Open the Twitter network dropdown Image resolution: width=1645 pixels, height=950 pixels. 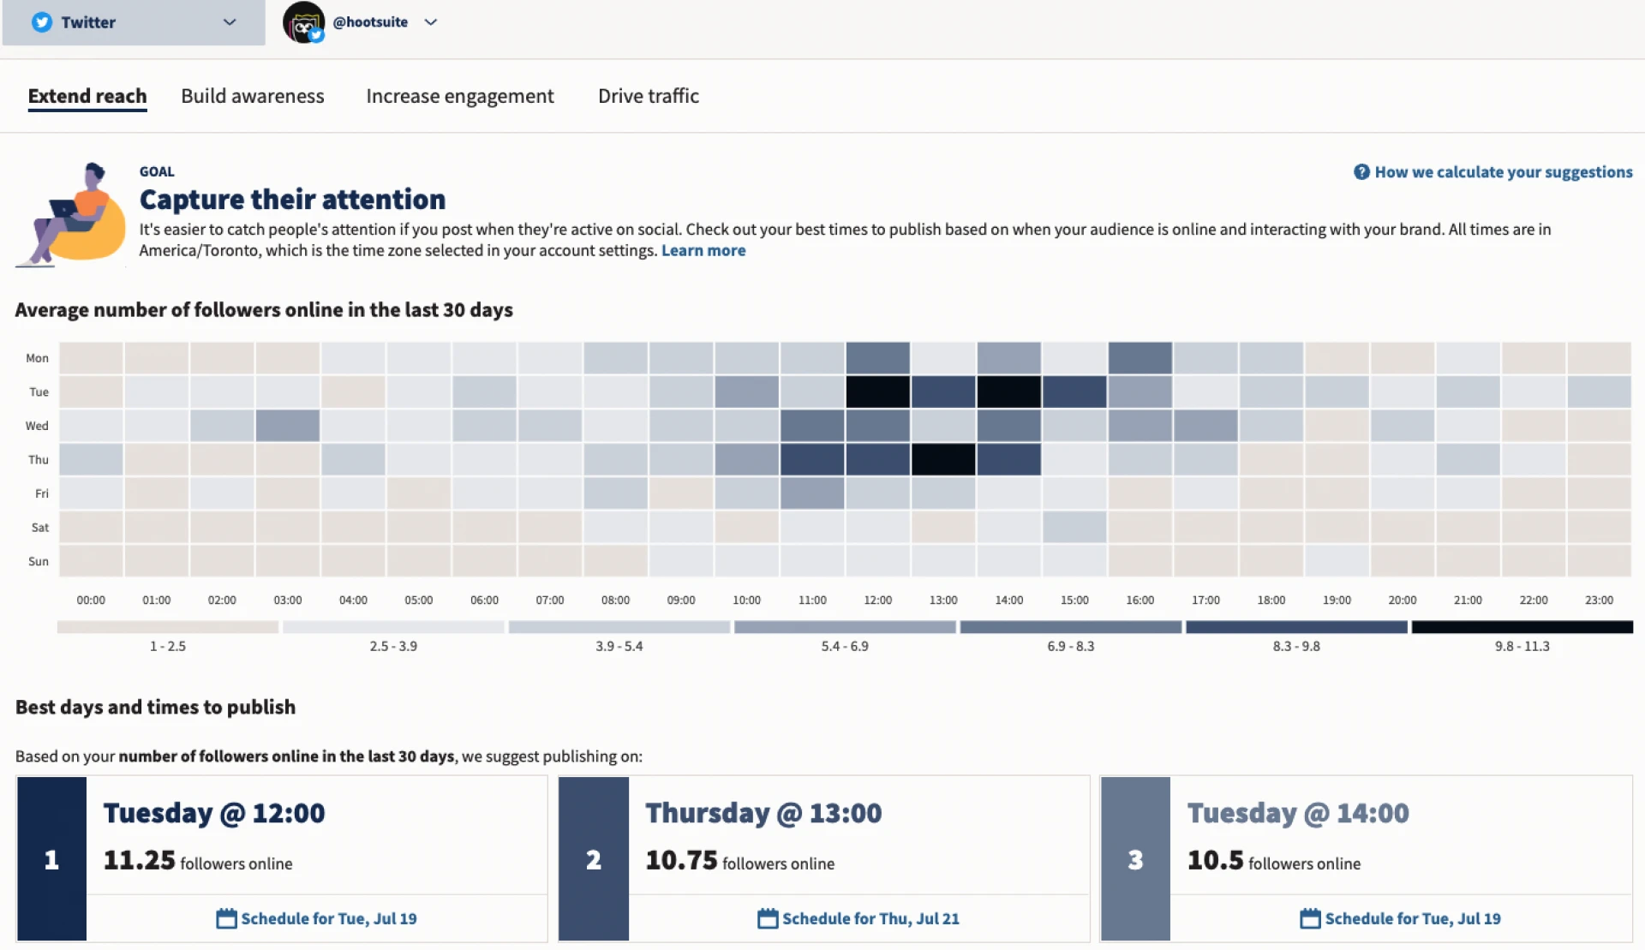[134, 22]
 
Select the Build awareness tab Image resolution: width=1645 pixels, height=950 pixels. [253, 96]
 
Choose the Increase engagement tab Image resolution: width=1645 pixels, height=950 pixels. [460, 96]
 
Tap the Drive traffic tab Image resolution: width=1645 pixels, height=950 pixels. [649, 96]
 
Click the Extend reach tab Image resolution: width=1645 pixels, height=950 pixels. [87, 96]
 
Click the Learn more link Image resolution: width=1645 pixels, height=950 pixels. [703, 251]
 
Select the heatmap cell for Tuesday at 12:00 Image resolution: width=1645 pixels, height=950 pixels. [877, 391]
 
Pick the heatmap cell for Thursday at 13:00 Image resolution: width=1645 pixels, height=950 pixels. [943, 459]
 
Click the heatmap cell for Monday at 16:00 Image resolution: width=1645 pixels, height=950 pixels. [1140, 358]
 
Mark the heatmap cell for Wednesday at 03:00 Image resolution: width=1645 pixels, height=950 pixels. [288, 426]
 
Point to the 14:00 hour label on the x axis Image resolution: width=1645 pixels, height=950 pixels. [1008, 600]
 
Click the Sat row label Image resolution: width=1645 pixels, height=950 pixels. [39, 528]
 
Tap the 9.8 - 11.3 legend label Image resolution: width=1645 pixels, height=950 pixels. [1522, 647]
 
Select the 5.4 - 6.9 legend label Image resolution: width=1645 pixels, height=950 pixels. [845, 647]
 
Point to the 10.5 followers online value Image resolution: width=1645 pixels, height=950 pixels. [1215, 860]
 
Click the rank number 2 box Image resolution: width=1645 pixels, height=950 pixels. [594, 859]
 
